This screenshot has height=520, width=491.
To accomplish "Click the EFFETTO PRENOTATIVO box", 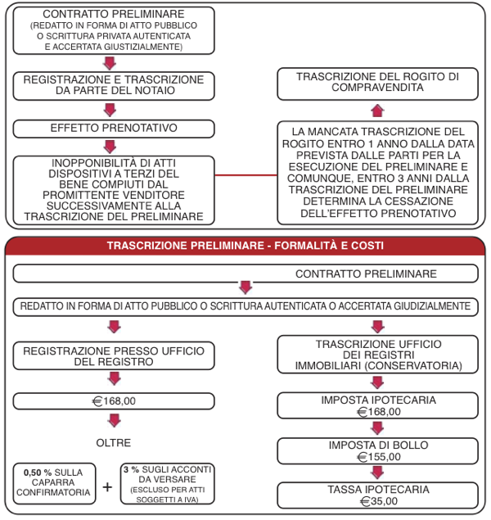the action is [114, 129].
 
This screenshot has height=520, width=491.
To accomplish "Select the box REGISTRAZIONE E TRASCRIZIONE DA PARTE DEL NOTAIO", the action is [114, 86].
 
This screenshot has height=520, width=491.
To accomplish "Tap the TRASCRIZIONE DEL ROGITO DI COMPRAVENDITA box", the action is [378, 84].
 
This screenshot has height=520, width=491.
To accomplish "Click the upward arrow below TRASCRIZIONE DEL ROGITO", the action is [378, 111].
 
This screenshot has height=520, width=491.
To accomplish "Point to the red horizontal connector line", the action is [245, 174].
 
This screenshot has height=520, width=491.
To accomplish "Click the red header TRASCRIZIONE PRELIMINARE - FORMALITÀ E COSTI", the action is [245, 246].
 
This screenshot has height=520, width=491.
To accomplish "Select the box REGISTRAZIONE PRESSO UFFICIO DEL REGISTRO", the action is [114, 356].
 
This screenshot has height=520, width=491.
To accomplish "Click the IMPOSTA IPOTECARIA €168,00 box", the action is [378, 405].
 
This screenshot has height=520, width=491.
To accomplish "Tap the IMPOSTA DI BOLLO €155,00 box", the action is [378, 450].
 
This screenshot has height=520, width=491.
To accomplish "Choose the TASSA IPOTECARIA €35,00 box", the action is [378, 495].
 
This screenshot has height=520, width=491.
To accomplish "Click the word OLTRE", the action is [113, 443].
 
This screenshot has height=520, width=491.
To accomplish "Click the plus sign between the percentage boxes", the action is [107, 487].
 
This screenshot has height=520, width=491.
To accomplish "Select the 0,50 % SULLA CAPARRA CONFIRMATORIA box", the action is [54, 483].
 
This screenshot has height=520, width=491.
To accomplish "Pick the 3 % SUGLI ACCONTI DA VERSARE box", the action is [167, 483].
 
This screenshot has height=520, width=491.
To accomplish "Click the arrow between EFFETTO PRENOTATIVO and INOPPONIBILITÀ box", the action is [110, 147].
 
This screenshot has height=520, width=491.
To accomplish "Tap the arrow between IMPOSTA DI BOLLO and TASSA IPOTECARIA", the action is [378, 473].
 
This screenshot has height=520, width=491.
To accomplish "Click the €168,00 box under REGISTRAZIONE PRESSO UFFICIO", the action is [114, 401].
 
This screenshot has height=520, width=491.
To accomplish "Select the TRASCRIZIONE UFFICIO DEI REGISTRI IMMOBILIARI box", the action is [378, 355].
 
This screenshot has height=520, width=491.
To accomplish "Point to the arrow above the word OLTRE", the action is [115, 421].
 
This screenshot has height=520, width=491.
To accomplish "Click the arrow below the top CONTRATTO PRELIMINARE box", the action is [110, 63].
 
